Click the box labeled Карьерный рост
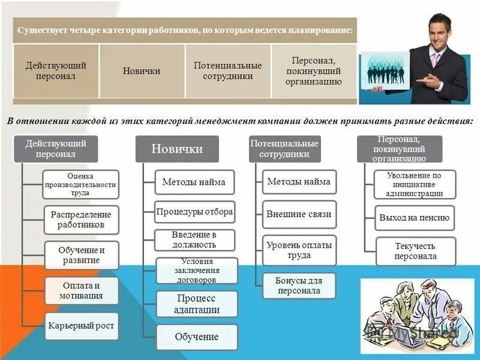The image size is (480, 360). [81, 326]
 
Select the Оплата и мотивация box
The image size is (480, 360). [81, 291]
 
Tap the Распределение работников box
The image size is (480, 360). [81, 220]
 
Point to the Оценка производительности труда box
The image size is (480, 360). [81, 185]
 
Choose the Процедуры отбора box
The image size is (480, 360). [194, 212]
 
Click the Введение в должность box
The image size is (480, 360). [194, 239]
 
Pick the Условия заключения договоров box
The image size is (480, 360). [197, 270]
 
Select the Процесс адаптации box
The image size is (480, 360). [197, 304]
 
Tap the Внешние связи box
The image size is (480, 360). [299, 214]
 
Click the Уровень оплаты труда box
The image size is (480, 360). [299, 250]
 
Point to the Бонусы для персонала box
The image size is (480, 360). [299, 286]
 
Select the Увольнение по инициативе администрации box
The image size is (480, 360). [415, 185]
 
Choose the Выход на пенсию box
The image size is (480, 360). [415, 218]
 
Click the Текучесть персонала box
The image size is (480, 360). [416, 251]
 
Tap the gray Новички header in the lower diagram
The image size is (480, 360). [177, 149]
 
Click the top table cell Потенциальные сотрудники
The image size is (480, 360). [227, 70]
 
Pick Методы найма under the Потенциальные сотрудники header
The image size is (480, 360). [299, 182]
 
